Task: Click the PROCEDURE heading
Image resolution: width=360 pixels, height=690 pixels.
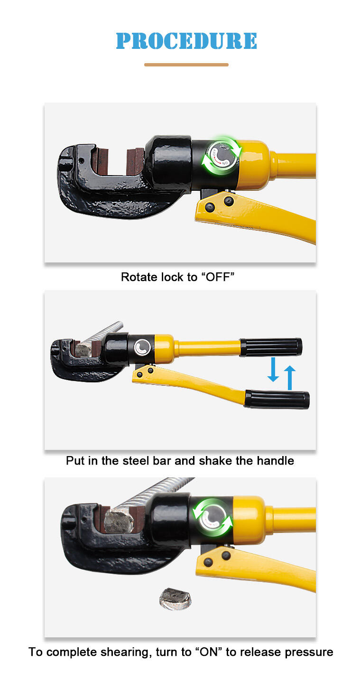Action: point(186,41)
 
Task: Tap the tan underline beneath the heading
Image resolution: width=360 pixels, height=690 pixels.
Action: point(186,65)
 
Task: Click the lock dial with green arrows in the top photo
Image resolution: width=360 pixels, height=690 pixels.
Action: point(222,155)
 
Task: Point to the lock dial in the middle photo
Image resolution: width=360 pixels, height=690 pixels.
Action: point(143,347)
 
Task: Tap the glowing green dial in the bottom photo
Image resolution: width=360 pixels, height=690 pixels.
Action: point(212,517)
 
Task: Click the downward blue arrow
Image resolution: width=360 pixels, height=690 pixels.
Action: point(273,369)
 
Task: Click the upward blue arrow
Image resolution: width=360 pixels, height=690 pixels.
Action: point(289,378)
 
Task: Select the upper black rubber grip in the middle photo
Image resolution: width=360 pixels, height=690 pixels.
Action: point(271,347)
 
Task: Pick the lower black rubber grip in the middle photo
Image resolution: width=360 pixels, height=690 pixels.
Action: point(277,399)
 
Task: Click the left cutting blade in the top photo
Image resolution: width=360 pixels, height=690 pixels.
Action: point(101,160)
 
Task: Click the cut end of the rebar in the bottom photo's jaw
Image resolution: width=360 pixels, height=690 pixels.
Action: point(119,521)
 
